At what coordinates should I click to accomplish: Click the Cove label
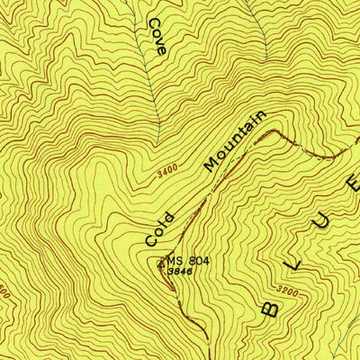(x=157, y=36)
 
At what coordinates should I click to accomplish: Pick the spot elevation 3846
(x=180, y=272)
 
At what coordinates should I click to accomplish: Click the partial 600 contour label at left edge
(x=4, y=292)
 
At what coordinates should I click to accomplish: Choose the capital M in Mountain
(x=212, y=165)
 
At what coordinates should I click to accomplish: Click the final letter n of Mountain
(x=260, y=117)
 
